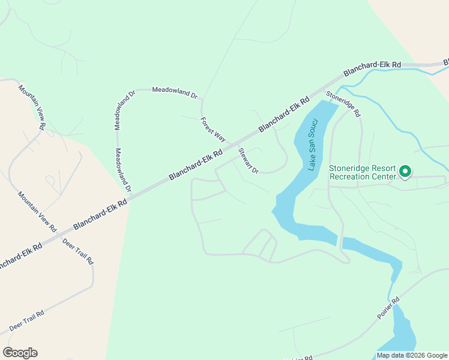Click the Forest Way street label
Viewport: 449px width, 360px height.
pyautogui.click(x=212, y=129)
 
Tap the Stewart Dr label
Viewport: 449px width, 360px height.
pyautogui.click(x=248, y=161)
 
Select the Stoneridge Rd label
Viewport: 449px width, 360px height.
pyautogui.click(x=343, y=104)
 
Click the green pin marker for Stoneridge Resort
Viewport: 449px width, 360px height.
pyautogui.click(x=405, y=172)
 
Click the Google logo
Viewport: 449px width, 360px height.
pyautogui.click(x=20, y=353)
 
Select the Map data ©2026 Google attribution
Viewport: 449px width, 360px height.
pyautogui.click(x=412, y=355)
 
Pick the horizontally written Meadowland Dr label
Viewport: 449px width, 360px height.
pyautogui.click(x=175, y=92)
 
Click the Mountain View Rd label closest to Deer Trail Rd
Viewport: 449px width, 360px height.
pyautogui.click(x=37, y=212)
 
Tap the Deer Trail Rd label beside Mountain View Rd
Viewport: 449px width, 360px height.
pyautogui.click(x=78, y=250)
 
